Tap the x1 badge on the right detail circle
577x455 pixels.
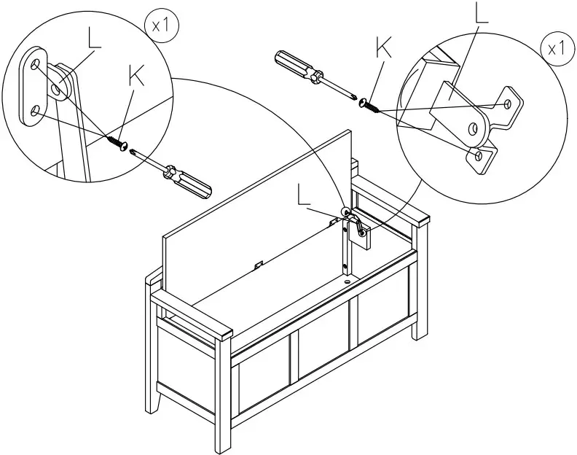click(x=555, y=49)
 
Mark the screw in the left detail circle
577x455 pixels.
click(x=116, y=141)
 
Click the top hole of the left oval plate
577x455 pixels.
click(x=34, y=66)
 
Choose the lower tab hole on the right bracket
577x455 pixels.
click(x=478, y=155)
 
